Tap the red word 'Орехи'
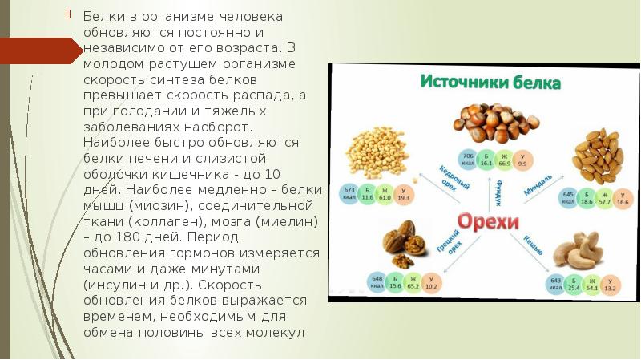coord(488,221)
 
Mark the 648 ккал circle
coord(376,281)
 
